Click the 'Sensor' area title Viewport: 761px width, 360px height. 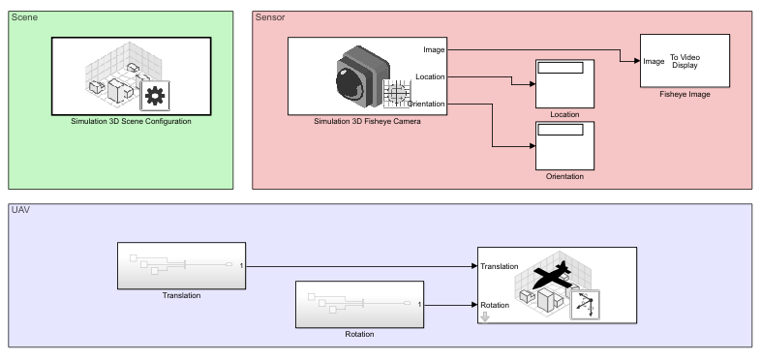(269, 18)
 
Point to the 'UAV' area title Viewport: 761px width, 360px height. (20, 210)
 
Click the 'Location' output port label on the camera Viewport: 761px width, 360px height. (430, 75)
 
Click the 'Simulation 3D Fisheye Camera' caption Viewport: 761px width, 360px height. (367, 122)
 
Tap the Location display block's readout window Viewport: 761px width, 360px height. (561, 68)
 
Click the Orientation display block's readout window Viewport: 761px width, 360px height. (561, 129)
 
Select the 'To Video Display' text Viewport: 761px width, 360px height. (684, 61)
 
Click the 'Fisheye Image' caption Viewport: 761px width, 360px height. (685, 95)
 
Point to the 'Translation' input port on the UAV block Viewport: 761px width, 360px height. (500, 266)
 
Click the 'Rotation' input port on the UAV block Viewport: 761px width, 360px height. (496, 305)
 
